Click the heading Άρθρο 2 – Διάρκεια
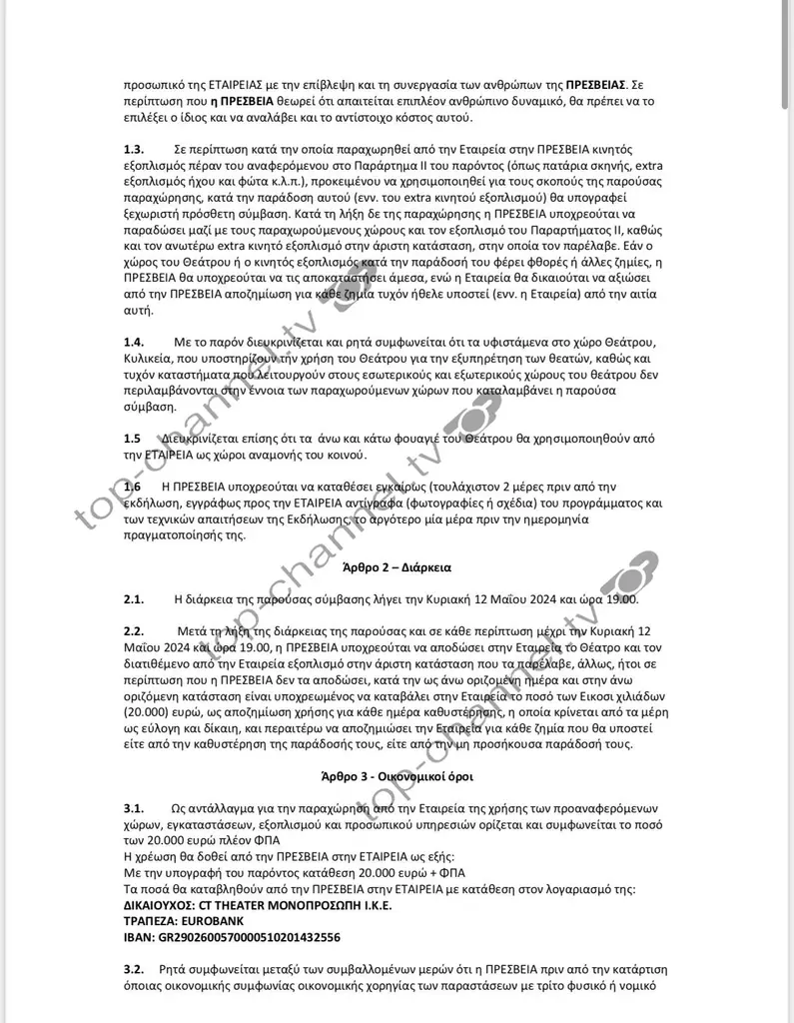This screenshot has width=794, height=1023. click(x=397, y=567)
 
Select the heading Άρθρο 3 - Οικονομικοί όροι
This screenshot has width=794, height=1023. click(x=397, y=775)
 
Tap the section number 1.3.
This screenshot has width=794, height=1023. click(x=134, y=149)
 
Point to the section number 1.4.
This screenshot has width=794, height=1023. click(x=134, y=343)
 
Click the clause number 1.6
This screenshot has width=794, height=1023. click(x=133, y=487)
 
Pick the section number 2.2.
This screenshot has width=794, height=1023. click(x=134, y=632)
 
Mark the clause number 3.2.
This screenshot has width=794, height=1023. click(x=134, y=970)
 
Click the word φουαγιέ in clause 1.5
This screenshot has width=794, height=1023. click(x=426, y=439)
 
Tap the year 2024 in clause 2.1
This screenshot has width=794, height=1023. click(x=532, y=599)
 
